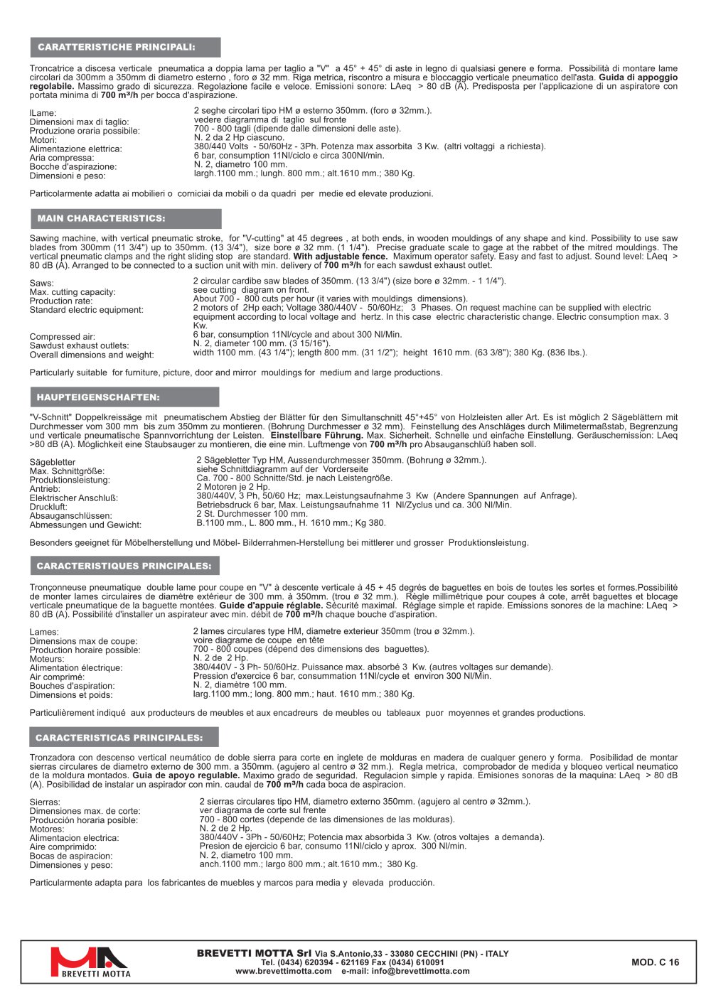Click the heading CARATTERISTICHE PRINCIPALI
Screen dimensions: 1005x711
coord(117,48)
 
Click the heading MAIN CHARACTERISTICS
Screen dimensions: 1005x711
coord(101,219)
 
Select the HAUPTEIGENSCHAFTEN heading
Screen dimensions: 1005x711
coord(98,397)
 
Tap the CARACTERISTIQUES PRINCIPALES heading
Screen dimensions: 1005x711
coord(124,566)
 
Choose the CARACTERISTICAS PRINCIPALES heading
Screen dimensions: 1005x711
coord(119,738)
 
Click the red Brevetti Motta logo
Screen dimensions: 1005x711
coord(90,962)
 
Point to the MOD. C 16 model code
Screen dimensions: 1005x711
coord(655,962)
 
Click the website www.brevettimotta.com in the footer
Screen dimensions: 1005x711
coord(284,971)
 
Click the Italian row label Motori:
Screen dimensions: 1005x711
coord(43,140)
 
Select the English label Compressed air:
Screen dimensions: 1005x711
coord(63,337)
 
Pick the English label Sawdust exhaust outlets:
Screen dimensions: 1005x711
coord(80,346)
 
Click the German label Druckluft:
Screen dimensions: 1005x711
coord(48,507)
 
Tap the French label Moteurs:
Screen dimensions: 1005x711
coord(47,659)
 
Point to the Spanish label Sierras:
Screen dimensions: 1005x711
coord(45,802)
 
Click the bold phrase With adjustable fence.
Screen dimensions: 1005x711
coord(341,257)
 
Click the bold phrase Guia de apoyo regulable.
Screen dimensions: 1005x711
coord(186,775)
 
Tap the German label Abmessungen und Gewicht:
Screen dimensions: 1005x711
coord(85,525)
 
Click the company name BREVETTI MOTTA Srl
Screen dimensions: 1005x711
coord(254,953)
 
